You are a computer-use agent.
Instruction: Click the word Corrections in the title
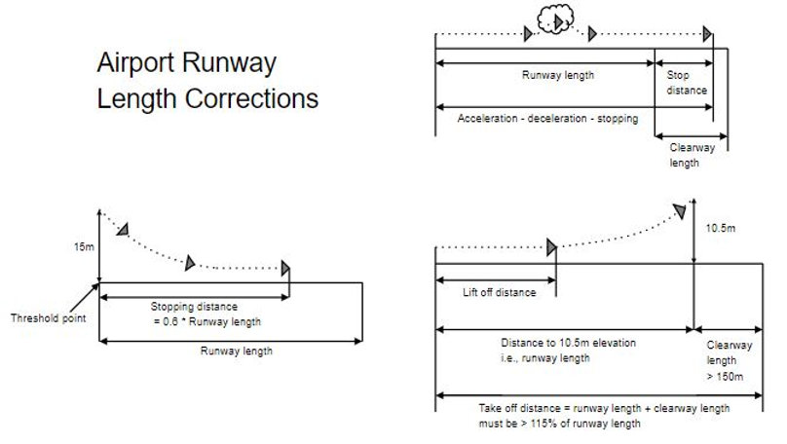256,98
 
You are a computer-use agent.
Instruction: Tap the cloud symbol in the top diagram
559,20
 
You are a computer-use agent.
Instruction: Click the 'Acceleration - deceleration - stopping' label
547,119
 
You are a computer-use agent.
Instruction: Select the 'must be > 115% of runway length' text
560,424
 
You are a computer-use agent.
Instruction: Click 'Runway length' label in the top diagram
558,74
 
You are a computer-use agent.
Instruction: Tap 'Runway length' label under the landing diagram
237,351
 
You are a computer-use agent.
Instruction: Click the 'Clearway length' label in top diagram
693,155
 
